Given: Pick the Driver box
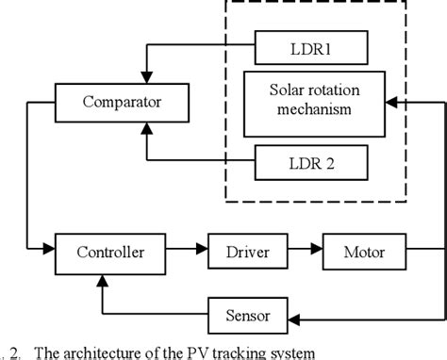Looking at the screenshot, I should (x=247, y=252).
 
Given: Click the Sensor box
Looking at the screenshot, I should (x=247, y=312).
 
